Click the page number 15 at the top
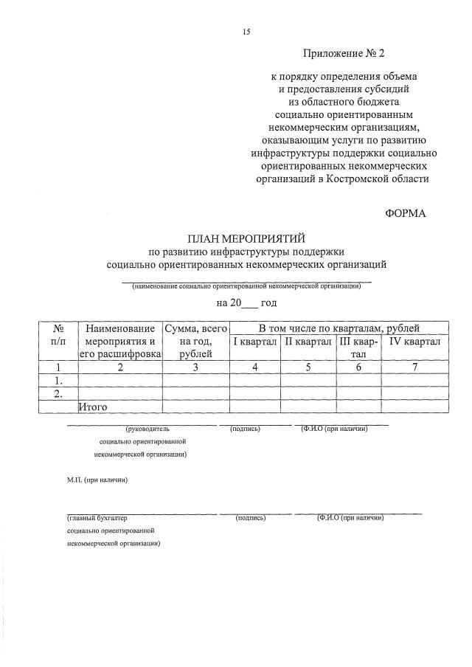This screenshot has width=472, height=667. click(246, 32)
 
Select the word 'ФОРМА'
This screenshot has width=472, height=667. click(406, 213)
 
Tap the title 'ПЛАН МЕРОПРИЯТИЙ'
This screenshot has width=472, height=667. click(246, 238)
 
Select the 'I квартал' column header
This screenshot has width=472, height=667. click(254, 342)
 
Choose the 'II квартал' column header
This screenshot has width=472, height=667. click(308, 342)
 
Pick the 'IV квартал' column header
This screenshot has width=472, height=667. click(414, 342)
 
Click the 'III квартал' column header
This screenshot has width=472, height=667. click(358, 348)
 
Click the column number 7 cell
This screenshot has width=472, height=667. click(415, 367)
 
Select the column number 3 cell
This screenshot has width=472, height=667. click(195, 367)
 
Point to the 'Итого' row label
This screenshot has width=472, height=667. click(94, 407)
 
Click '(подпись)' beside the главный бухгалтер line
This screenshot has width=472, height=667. click(251, 518)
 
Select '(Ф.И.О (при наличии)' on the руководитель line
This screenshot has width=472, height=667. click(333, 428)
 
